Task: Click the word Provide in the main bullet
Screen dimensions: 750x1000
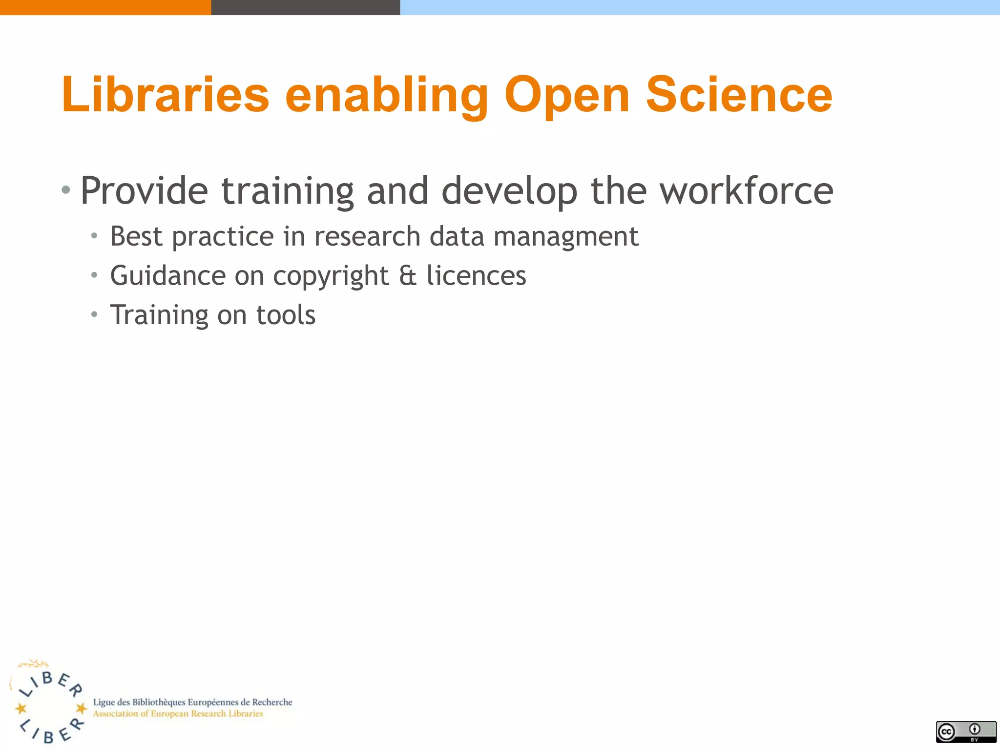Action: pos(144,191)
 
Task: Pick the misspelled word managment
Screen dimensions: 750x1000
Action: pos(566,237)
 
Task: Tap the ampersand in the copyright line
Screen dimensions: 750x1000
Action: pos(408,276)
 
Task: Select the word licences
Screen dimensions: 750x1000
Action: pos(476,276)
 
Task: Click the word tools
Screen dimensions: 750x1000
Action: pos(286,315)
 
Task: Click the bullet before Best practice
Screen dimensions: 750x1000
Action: pos(94,237)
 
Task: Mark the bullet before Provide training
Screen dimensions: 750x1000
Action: pos(66,189)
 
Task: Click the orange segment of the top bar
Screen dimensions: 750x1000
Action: pos(105,7)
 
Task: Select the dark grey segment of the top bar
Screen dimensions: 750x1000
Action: pos(305,7)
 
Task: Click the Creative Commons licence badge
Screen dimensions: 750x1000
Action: pos(966,731)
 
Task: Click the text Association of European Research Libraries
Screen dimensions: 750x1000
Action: pos(178,714)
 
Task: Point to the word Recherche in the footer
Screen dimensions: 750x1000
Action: pos(272,702)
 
